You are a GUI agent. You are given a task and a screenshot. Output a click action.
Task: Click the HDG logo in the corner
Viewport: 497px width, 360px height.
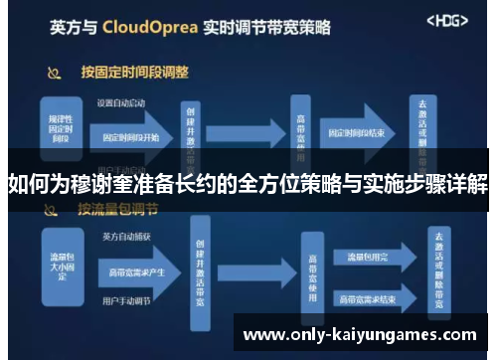coord(447,20)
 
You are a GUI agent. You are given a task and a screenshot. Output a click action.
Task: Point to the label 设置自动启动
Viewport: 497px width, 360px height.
coord(119,102)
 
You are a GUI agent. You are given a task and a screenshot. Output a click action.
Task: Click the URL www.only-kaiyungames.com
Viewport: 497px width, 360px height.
coord(360,335)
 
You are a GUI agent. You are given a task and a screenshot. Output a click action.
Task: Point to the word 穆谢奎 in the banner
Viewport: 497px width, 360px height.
coord(99,185)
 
